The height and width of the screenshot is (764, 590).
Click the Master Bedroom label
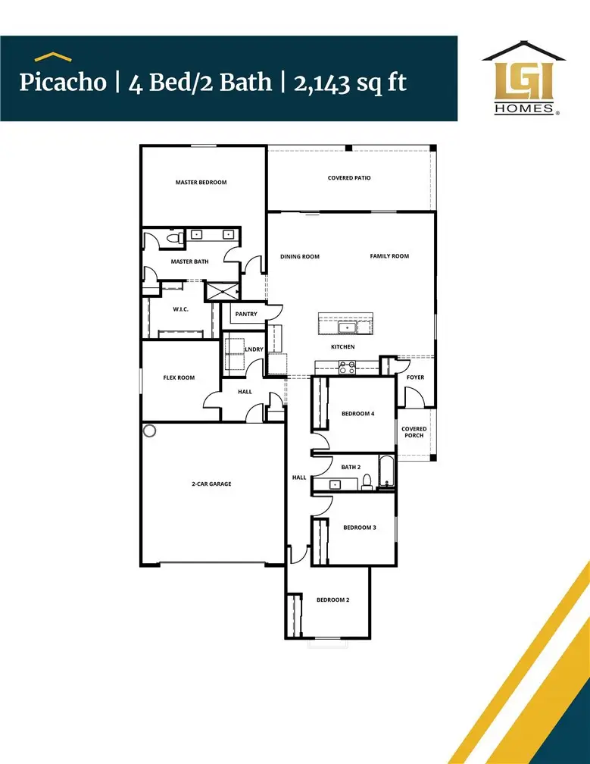pos(201,183)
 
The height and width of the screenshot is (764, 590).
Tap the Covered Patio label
pos(349,178)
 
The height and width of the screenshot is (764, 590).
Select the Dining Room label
pos(300,257)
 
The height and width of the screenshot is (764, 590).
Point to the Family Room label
pos(389,256)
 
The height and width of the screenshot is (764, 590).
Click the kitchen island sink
pos(348,327)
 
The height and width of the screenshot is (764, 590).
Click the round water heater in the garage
pos(150,431)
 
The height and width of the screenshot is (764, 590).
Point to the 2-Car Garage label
pos(211,484)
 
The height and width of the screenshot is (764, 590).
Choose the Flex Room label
pos(179,377)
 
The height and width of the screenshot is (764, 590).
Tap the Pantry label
pos(246,314)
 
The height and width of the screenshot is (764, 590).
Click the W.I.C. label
pos(180,308)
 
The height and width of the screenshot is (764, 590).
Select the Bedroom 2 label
pos(332,600)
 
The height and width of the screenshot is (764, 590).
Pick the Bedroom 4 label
pos(357,414)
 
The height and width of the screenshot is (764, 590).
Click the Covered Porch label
pos(414,432)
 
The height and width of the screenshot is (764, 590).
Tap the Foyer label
pos(415,377)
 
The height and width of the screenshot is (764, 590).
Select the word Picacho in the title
pos(63,82)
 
